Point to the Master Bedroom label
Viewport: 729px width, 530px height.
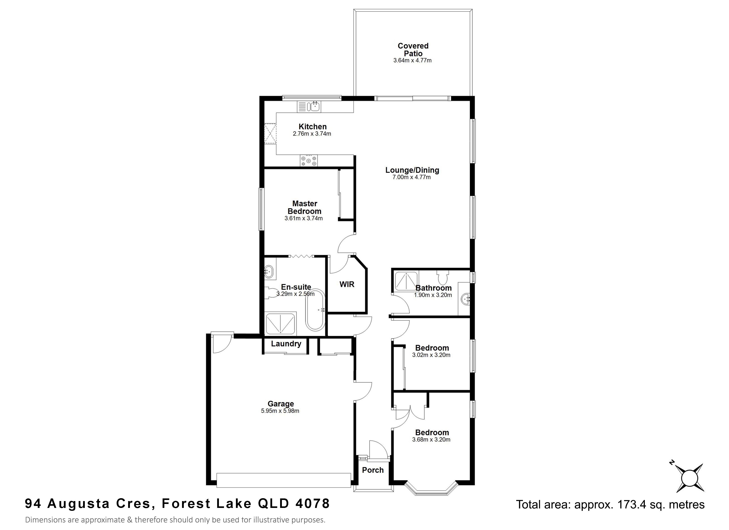pos(305,207)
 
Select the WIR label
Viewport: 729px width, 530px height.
pos(347,284)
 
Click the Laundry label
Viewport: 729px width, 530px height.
pos(286,344)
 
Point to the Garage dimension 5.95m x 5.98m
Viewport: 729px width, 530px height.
pos(280,411)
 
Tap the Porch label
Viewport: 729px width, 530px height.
pos(373,470)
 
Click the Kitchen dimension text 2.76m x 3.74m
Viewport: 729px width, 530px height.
pos(312,134)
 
